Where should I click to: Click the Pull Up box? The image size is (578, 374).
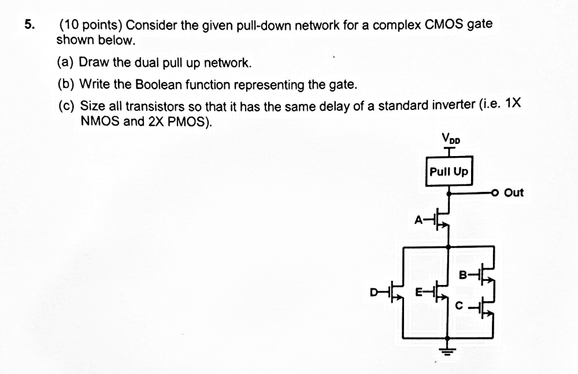pyautogui.click(x=449, y=171)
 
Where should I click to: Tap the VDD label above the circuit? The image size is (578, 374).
pyautogui.click(x=450, y=139)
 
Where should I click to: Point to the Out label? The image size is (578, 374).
pyautogui.click(x=513, y=192)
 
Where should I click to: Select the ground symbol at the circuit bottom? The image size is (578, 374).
pyautogui.click(x=449, y=349)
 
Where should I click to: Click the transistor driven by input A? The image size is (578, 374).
pyautogui.click(x=442, y=219)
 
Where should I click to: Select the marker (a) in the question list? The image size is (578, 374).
pyautogui.click(x=66, y=62)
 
